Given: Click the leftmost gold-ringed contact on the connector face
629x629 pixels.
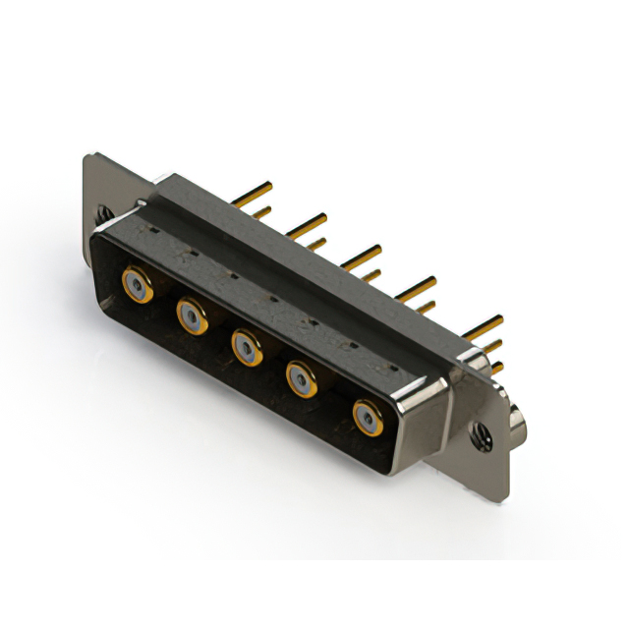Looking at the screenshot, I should click(137, 286).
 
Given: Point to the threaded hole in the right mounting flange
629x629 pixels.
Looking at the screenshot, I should click(482, 433).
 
